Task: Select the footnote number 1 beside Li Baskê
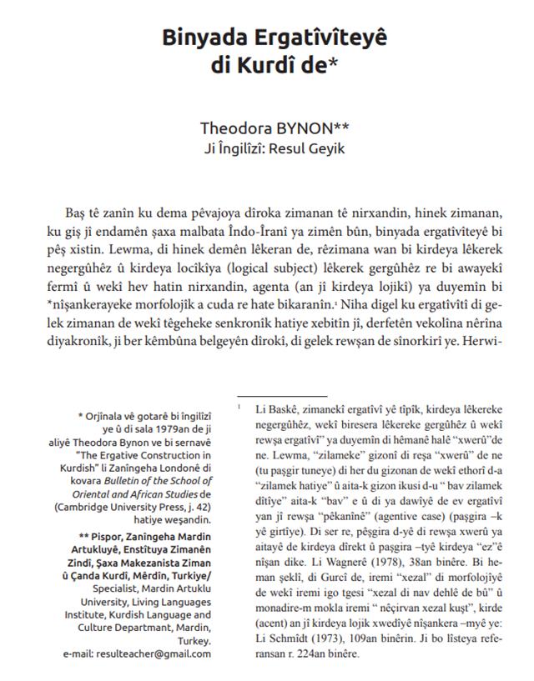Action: [239, 406]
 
